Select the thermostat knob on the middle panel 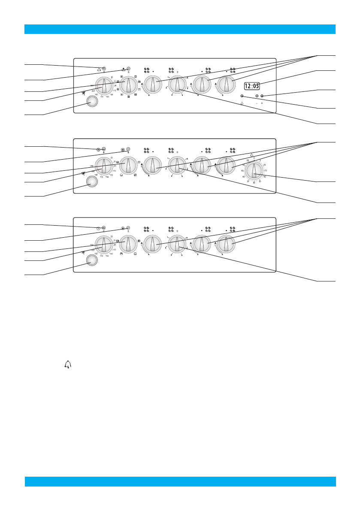[x=103, y=166]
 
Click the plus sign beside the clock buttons [x=262, y=104]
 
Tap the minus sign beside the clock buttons [x=257, y=104]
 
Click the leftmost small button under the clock [x=242, y=96]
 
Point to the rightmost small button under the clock [x=262, y=96]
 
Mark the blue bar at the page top [x=180, y=29]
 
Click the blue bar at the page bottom [x=180, y=481]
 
